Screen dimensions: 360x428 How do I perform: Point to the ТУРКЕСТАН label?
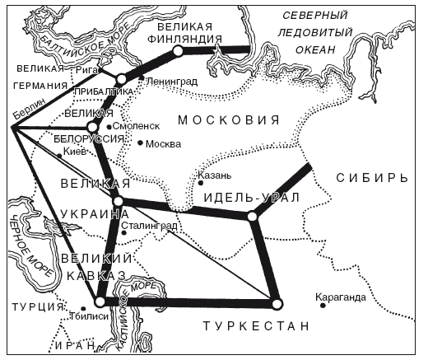click(257, 326)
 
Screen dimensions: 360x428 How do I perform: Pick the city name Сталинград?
click(149, 224)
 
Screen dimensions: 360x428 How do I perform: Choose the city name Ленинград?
click(172, 81)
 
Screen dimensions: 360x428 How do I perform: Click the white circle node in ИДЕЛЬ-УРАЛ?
click(252, 216)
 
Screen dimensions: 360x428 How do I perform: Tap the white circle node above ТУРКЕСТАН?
click(277, 302)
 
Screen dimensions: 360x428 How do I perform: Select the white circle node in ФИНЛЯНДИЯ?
click(178, 51)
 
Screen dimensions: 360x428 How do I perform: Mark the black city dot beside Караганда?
click(323, 306)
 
